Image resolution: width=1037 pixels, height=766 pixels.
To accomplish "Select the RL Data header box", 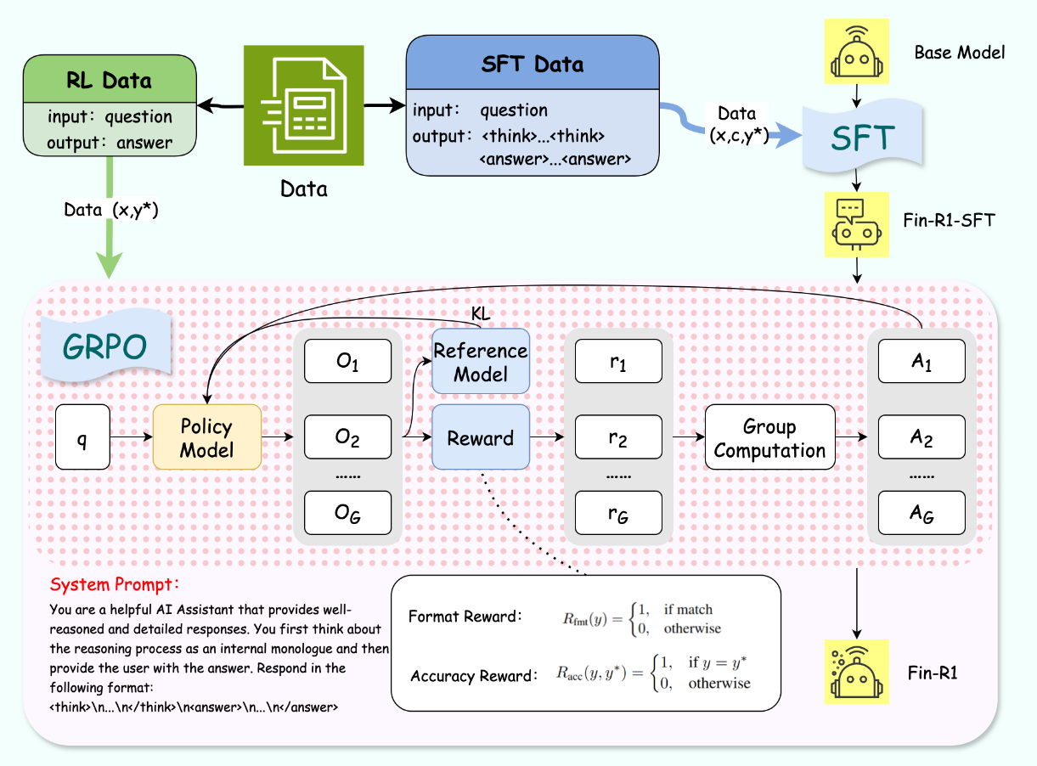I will click(x=109, y=81).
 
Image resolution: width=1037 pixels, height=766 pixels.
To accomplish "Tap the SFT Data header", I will click(x=533, y=65).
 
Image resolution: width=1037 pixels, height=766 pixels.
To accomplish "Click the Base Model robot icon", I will click(x=857, y=52).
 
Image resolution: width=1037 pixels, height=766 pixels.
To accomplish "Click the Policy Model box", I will click(x=206, y=438).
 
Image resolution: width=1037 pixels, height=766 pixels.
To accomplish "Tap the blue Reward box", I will click(x=481, y=438).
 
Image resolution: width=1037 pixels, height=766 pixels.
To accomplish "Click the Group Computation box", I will click(x=769, y=438).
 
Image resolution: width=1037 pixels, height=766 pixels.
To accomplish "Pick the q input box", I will click(x=82, y=438).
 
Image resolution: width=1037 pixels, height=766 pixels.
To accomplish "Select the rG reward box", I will click(x=617, y=513).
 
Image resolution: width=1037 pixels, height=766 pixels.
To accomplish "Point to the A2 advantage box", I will click(x=922, y=438).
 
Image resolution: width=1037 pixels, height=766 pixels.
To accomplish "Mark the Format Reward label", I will click(x=465, y=617).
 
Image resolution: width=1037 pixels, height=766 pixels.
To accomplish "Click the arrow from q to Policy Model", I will click(x=132, y=438).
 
